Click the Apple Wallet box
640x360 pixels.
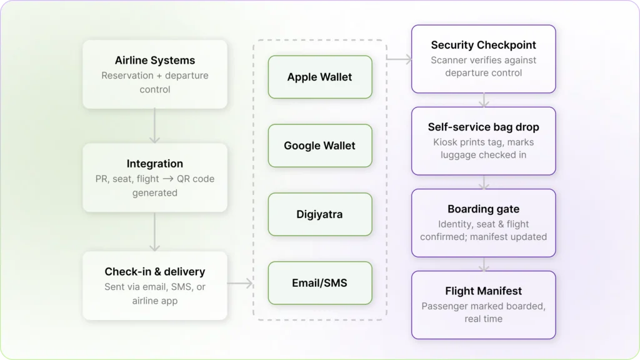pyautogui.click(x=320, y=77)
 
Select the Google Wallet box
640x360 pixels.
pyautogui.click(x=320, y=146)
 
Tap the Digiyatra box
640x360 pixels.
pyautogui.click(x=320, y=214)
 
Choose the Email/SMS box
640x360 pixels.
pyautogui.click(x=320, y=283)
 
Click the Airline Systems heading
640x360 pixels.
pyautogui.click(x=155, y=61)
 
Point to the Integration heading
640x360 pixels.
pyautogui.click(x=155, y=164)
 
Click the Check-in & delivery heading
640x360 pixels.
pyautogui.click(x=155, y=272)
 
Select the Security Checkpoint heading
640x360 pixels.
pyautogui.click(x=483, y=45)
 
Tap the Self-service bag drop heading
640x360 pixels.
pyautogui.click(x=483, y=127)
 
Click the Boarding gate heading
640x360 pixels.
pyautogui.click(x=483, y=209)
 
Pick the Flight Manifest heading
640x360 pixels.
pyautogui.click(x=483, y=291)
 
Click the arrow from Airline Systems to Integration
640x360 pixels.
pyautogui.click(x=155, y=126)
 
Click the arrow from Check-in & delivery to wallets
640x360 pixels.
pyautogui.click(x=239, y=284)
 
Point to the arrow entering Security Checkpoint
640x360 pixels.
pyautogui.click(x=400, y=59)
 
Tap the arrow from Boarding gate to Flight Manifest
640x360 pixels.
pyautogui.click(x=483, y=264)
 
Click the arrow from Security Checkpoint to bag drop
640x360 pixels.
pyautogui.click(x=483, y=100)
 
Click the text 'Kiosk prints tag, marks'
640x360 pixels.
pyautogui.click(x=483, y=142)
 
